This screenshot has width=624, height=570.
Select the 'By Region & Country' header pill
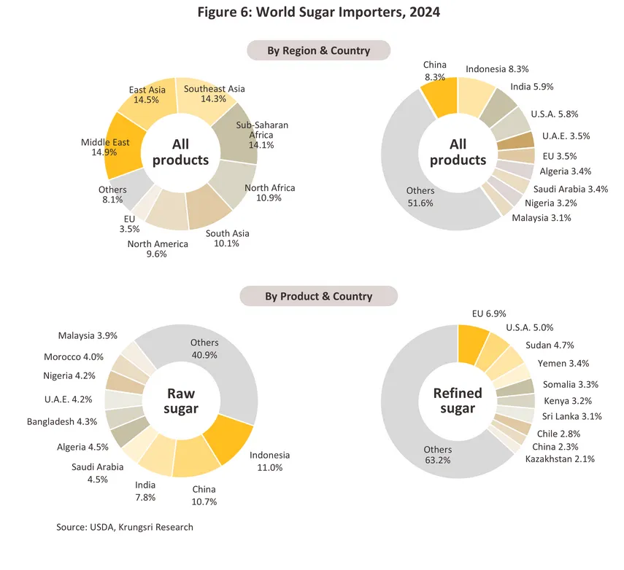pos(318,50)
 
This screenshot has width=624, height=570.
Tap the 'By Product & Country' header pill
pos(318,296)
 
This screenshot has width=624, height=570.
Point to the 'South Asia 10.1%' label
pos(227,238)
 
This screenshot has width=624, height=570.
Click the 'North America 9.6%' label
pos(158,249)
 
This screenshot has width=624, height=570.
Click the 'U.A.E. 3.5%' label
pos(566,136)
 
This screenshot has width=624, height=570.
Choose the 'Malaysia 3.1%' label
pos(541,218)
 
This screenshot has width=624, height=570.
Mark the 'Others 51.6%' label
pos(420,197)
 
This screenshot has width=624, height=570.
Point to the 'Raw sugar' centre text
pos(181,400)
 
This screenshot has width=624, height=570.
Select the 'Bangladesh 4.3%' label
pos(61,421)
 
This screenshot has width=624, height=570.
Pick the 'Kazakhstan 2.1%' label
pos(560,458)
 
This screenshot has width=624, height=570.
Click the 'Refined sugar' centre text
pos(458,400)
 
